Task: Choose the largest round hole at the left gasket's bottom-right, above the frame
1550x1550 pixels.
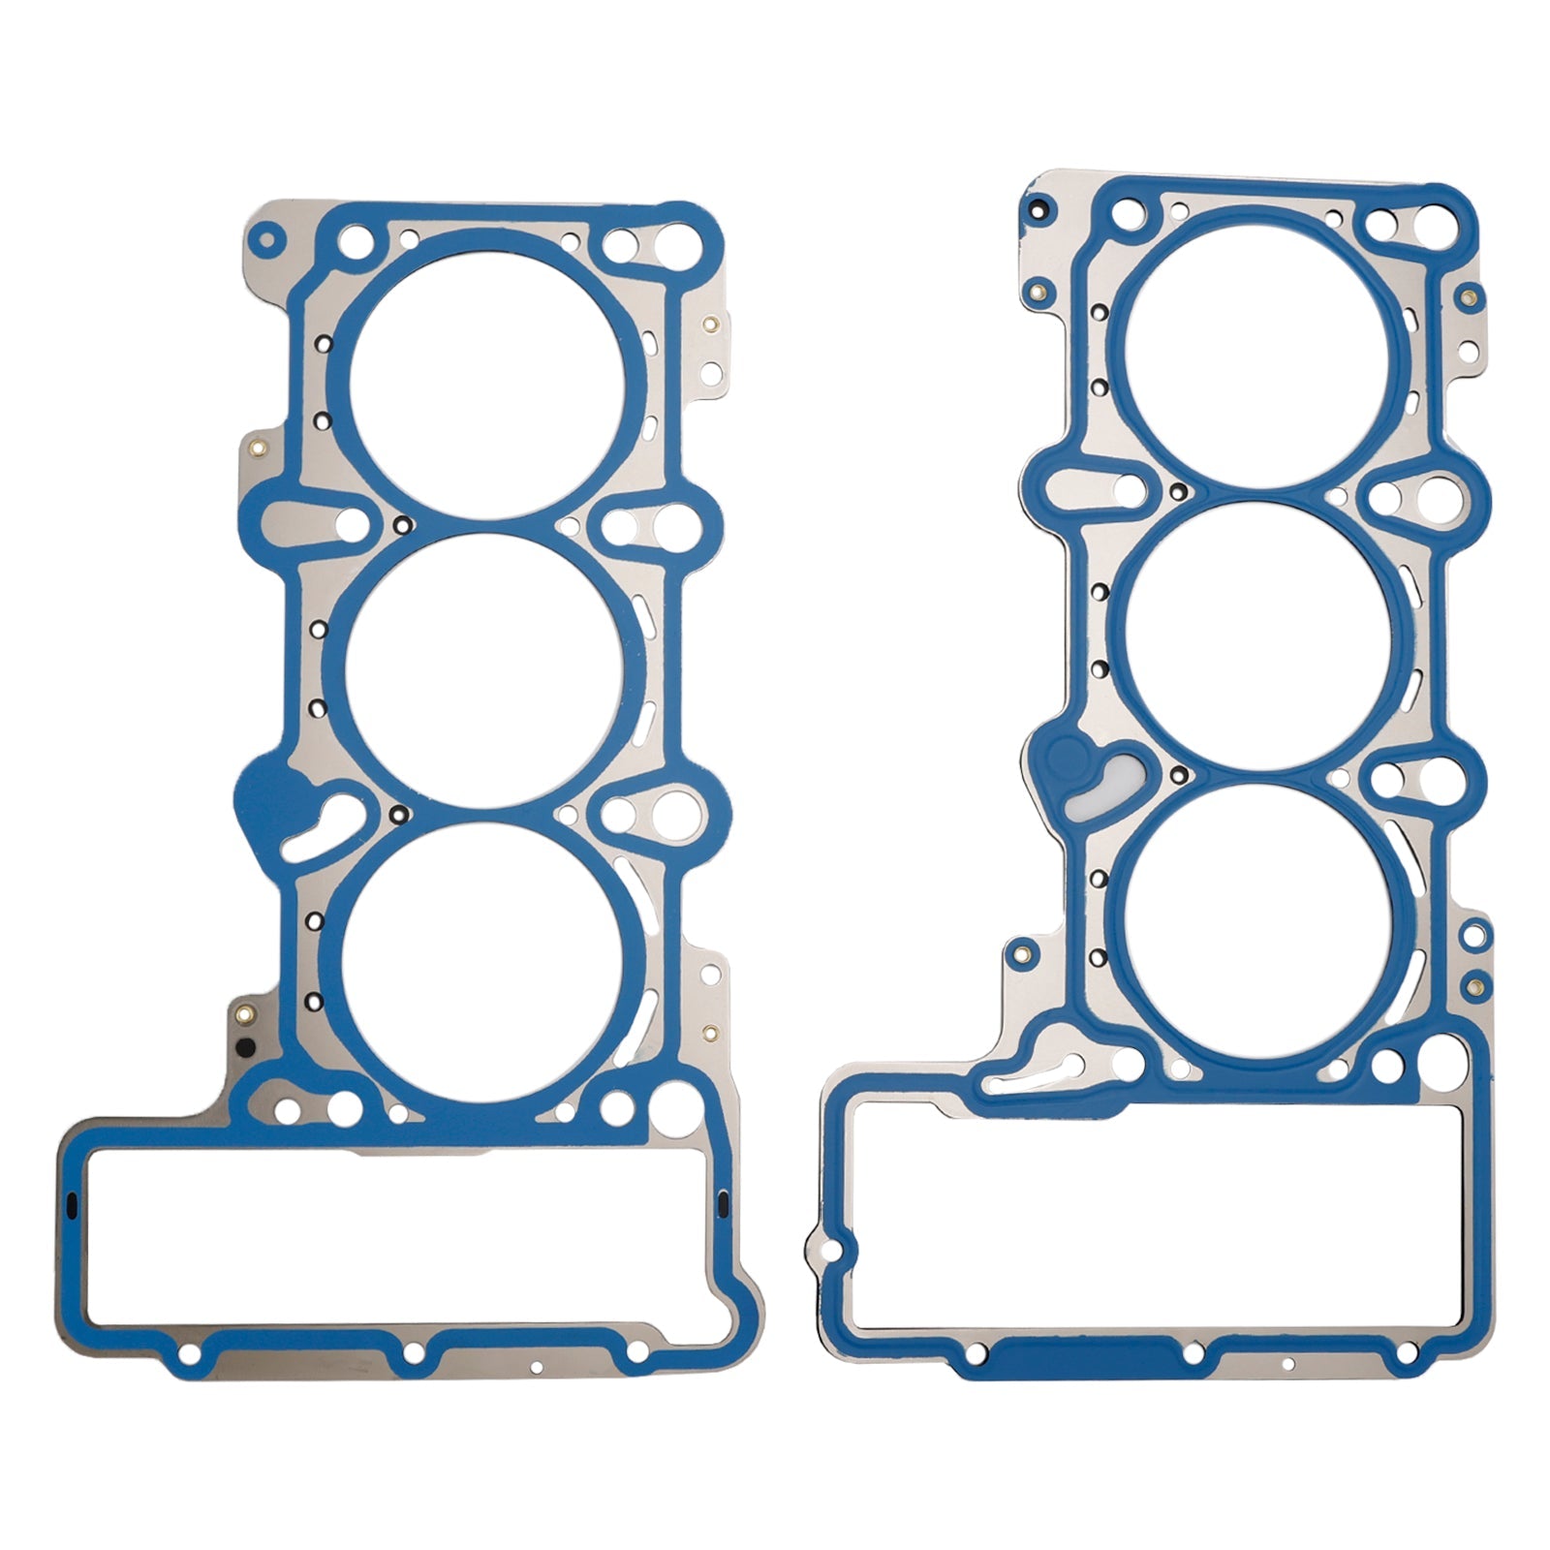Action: tap(677, 1102)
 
